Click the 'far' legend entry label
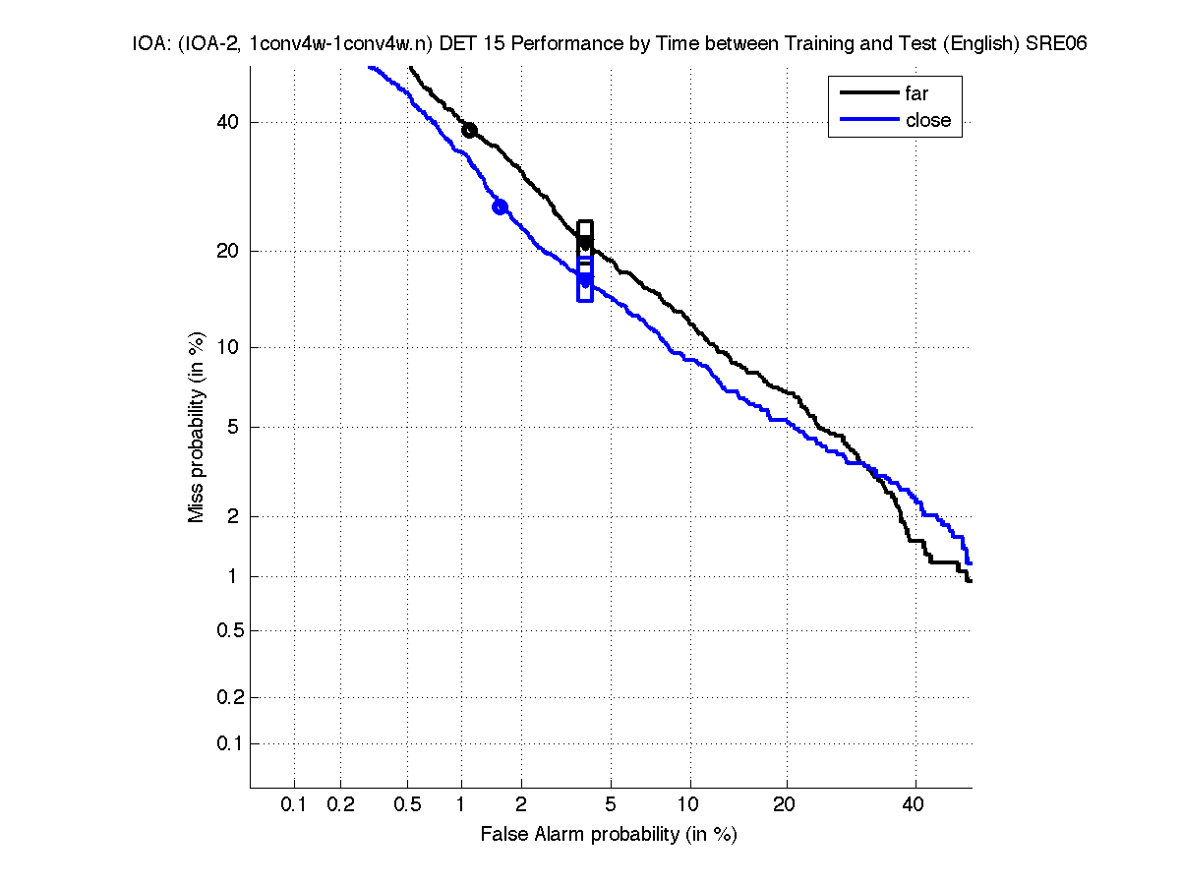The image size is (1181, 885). [916, 93]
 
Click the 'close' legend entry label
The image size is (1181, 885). [928, 120]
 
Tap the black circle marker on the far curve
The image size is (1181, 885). [470, 130]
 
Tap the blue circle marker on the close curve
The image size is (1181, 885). [500, 206]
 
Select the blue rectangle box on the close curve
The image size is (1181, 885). [585, 279]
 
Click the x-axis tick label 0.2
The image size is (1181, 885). [340, 804]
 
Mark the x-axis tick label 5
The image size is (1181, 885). [612, 804]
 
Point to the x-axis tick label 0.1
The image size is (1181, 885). [294, 804]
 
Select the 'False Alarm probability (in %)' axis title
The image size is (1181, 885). [609, 834]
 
